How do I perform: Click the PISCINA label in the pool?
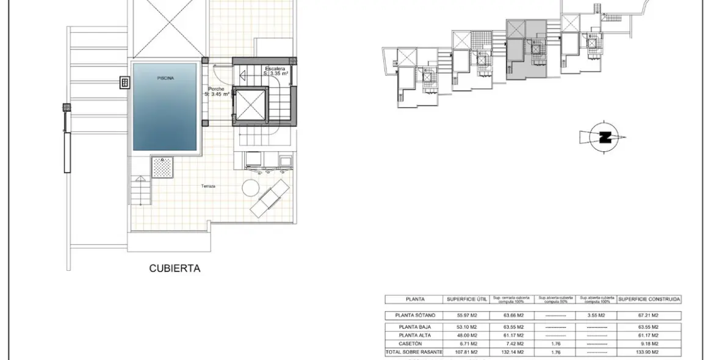coord(165,78)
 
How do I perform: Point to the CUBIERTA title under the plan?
coord(175,268)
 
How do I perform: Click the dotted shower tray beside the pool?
coord(162,167)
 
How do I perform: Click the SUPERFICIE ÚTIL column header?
coord(466,300)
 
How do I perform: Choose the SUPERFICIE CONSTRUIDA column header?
coord(649,300)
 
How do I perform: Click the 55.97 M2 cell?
coord(466,315)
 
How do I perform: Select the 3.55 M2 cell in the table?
coord(596,315)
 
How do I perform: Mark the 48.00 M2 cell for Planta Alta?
coord(466,335)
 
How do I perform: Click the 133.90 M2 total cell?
coord(649,352)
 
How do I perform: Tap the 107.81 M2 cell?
coord(466,352)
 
